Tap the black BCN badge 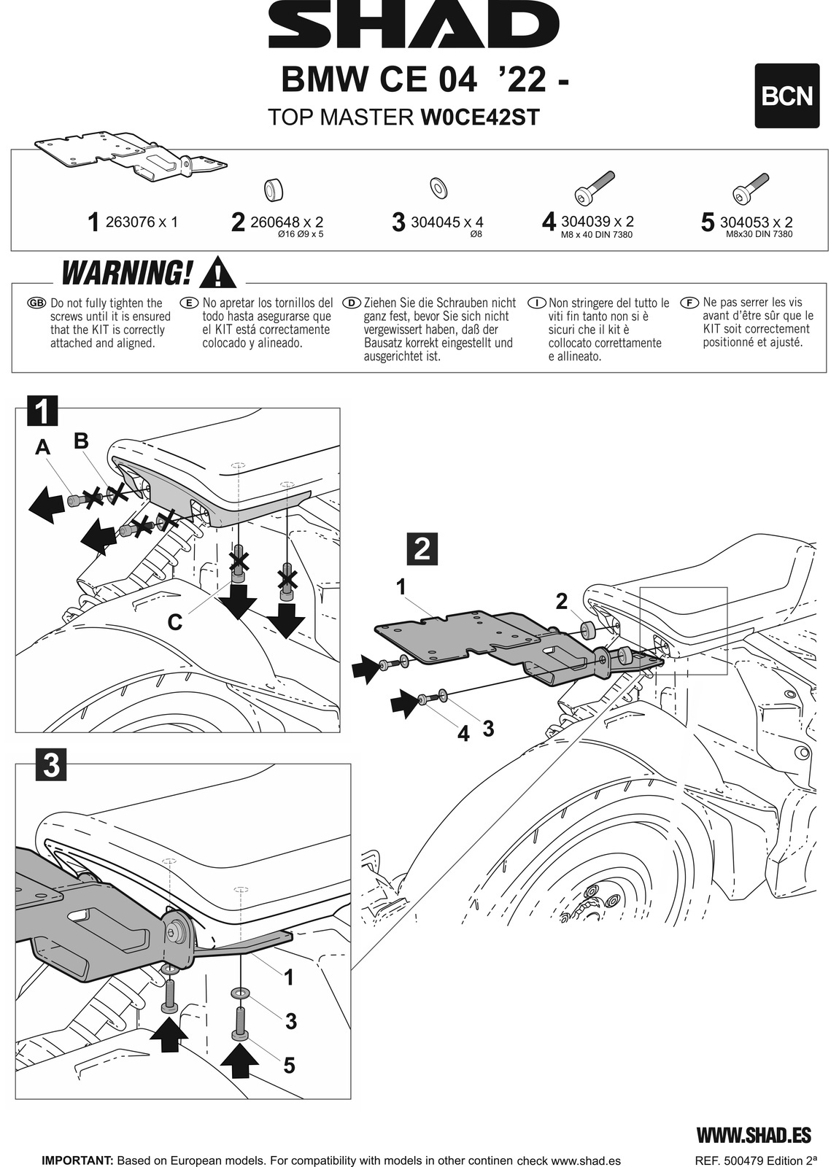point(786,96)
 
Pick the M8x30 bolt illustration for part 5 point(749,188)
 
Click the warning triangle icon point(217,273)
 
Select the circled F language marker point(689,303)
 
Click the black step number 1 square point(42,412)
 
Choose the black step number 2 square point(421,548)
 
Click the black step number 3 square point(51,766)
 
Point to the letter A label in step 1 point(44,448)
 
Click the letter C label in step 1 point(174,622)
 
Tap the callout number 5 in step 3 point(289,1066)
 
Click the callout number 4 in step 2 point(463,733)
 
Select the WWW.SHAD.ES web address point(754,1135)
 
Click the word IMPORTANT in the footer point(77,1160)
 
